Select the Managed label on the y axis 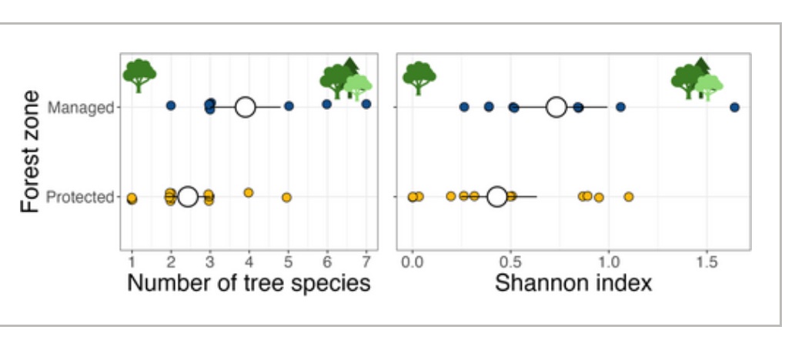tap(81, 107)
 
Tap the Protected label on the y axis tap(79, 197)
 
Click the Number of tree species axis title tap(249, 283)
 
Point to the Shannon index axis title tap(573, 283)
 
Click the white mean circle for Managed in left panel tap(245, 107)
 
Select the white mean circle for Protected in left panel tap(188, 197)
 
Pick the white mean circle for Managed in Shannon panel tap(556, 107)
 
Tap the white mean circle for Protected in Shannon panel tap(497, 197)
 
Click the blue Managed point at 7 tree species tap(366, 104)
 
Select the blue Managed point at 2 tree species tap(171, 105)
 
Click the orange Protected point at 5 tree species tap(286, 198)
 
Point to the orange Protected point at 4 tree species tap(248, 192)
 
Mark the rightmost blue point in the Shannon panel tap(734, 108)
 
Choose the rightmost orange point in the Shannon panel tap(629, 197)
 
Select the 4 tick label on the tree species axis tap(249, 255)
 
